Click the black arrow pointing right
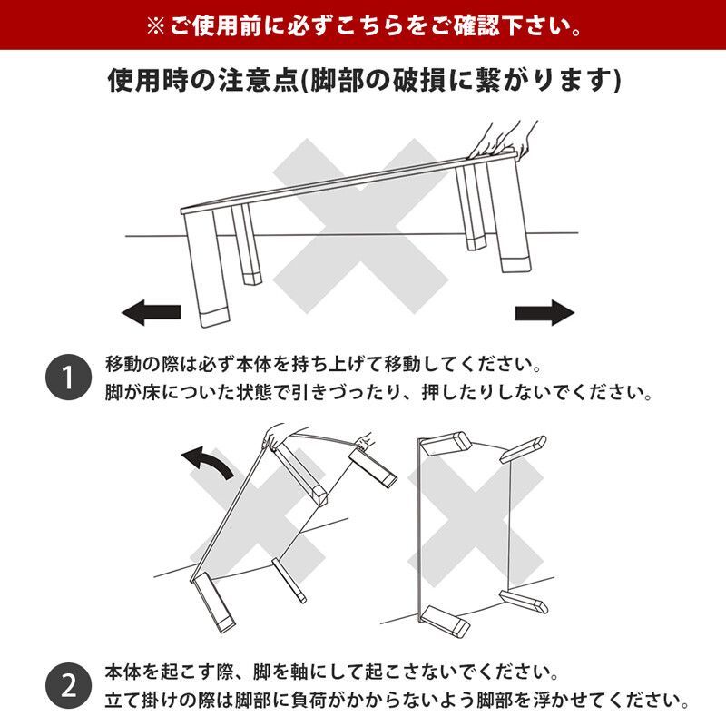pos(545,314)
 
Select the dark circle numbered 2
pos(68,685)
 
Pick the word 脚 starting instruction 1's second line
pos(112,394)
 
